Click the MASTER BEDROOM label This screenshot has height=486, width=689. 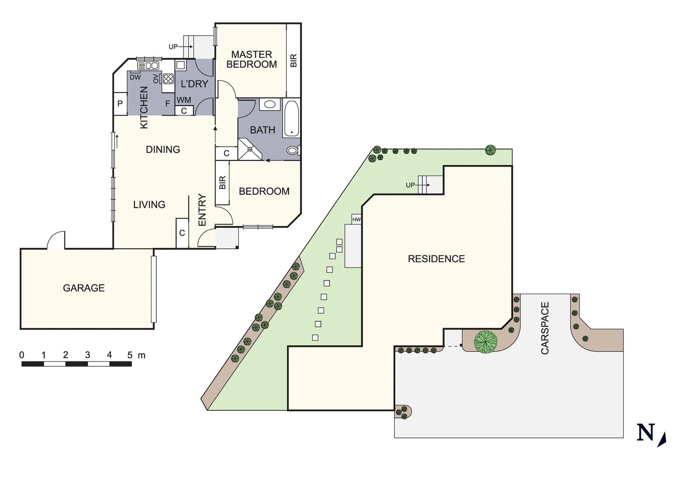click(251, 59)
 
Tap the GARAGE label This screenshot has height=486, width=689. click(84, 288)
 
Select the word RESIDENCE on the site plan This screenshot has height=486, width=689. click(436, 259)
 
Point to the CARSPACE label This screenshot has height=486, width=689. click(545, 328)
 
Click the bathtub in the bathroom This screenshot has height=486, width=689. click(291, 118)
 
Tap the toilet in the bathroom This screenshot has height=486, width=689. click(292, 150)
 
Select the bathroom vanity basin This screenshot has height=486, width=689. click(269, 104)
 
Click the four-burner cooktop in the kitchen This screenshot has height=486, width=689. click(169, 79)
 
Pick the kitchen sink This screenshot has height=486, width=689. click(149, 66)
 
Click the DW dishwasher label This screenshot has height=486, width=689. click(135, 77)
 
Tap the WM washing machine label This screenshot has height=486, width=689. click(184, 100)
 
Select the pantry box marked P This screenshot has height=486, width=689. click(120, 103)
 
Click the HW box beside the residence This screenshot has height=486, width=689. click(356, 220)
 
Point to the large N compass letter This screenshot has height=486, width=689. click(645, 432)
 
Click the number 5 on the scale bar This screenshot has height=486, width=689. click(130, 355)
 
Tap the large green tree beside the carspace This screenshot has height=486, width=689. click(485, 342)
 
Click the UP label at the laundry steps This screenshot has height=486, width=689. click(173, 47)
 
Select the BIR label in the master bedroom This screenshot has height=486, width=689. click(293, 60)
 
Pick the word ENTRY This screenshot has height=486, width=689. click(202, 210)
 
